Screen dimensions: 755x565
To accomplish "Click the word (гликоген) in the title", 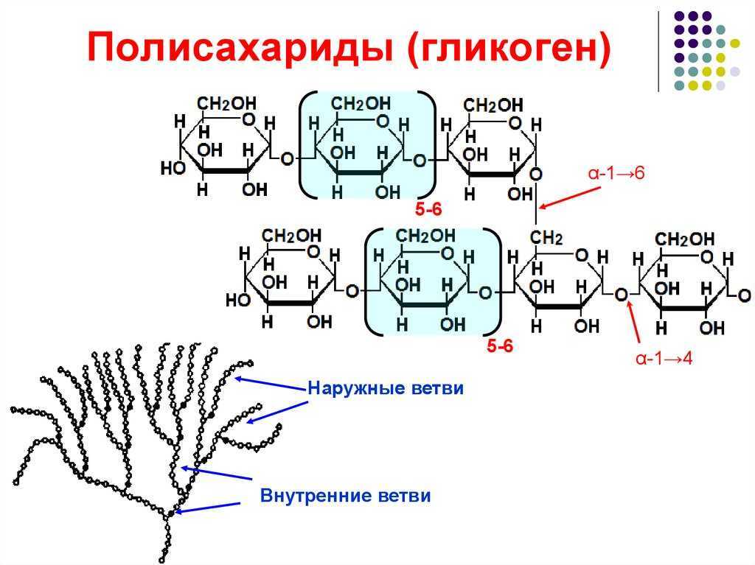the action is tap(509, 47).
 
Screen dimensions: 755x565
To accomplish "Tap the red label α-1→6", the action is tap(616, 173).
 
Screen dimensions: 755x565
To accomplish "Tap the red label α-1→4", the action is tap(664, 358).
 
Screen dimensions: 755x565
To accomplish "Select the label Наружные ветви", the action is tap(386, 388).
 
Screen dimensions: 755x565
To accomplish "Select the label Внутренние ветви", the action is tap(345, 496).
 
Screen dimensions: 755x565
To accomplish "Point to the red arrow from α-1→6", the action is tap(570, 198).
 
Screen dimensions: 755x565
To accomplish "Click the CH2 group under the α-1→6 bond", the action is tap(546, 238).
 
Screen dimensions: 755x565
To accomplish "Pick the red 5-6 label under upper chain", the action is tap(428, 209).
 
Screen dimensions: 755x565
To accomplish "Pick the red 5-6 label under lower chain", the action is tap(500, 345).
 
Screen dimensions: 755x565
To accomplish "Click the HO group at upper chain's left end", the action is tap(173, 168).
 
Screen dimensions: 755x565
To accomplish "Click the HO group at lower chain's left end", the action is tap(238, 301).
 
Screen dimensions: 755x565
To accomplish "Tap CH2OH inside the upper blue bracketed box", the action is tap(361, 103).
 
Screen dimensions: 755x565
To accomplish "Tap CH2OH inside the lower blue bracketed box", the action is tap(425, 235).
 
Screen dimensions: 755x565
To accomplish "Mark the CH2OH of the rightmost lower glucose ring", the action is tap(685, 239).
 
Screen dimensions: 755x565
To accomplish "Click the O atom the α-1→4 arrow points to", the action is tap(622, 294).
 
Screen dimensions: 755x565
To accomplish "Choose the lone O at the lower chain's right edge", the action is tap(744, 295).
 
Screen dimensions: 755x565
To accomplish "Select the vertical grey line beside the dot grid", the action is tap(658, 51).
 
